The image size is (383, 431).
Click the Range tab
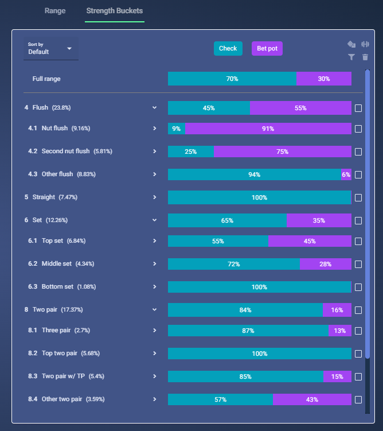tap(55, 11)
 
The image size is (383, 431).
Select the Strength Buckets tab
tap(115, 11)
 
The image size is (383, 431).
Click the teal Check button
tap(228, 48)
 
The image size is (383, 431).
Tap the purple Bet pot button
tap(267, 48)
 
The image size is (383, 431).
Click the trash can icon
tap(365, 57)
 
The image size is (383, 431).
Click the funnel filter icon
tap(351, 57)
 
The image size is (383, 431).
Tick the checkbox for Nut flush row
tap(358, 129)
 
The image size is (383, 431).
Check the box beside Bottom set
tap(358, 288)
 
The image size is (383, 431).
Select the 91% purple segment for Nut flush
tap(268, 129)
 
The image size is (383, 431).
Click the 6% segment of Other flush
tap(346, 174)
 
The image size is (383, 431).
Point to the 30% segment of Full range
tap(324, 79)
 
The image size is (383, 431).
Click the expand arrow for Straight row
tap(155, 197)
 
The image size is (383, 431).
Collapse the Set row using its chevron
tap(155, 220)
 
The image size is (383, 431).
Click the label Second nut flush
tap(65, 151)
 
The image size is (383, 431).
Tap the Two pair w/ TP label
tap(63, 376)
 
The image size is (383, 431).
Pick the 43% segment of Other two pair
tap(312, 399)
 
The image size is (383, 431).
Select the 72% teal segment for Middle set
tap(234, 264)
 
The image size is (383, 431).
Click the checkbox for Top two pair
tap(358, 354)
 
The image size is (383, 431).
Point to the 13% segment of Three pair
tap(340, 331)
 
